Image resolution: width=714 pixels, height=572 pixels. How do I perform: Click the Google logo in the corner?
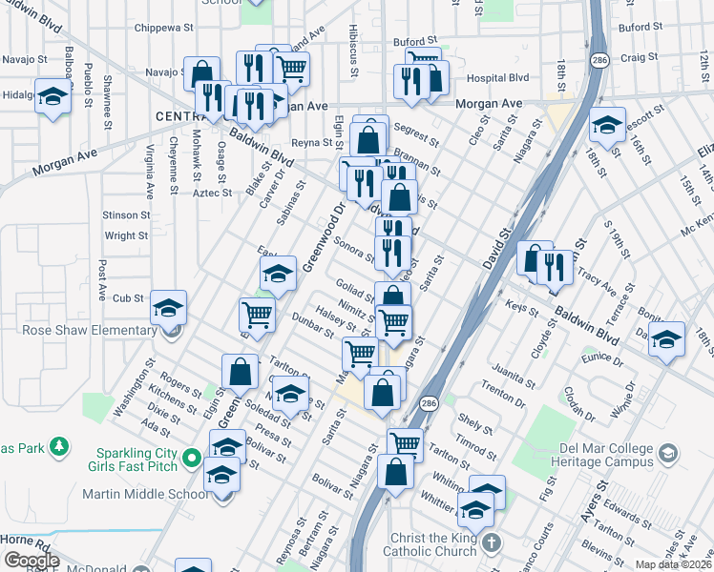click(31, 560)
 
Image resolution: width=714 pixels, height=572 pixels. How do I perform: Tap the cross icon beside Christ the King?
click(491, 542)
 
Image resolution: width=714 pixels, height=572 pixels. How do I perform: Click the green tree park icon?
click(59, 445)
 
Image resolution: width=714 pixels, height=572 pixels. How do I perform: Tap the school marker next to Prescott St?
click(607, 124)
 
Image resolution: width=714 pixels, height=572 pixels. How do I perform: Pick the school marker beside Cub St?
click(169, 307)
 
